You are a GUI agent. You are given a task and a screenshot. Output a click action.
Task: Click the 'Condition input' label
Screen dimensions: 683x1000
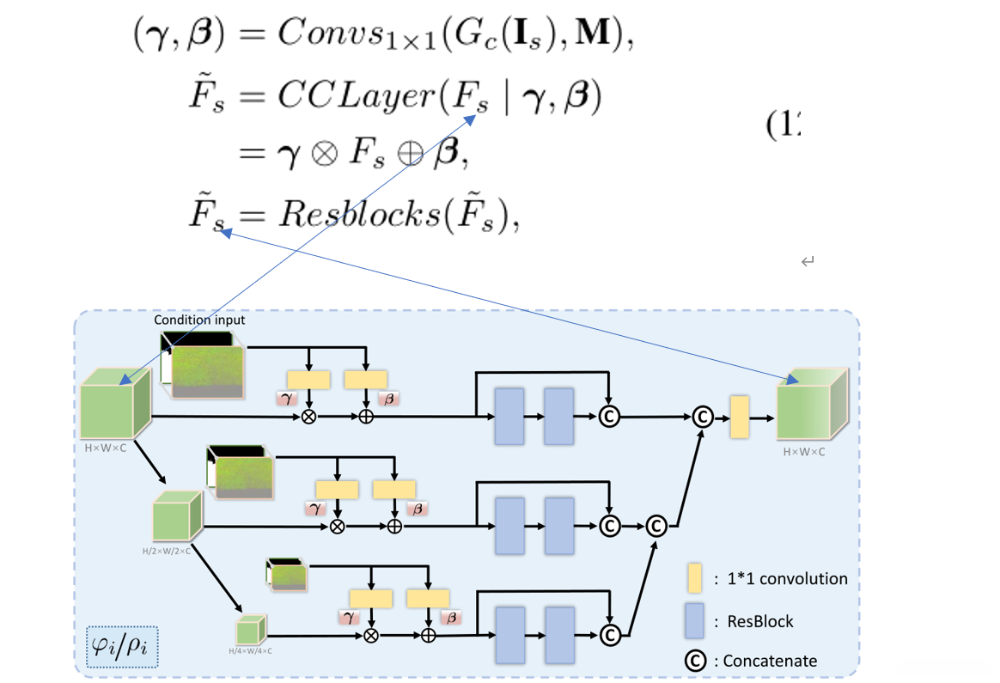199,320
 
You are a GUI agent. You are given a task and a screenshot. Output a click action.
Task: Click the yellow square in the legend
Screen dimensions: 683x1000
694,578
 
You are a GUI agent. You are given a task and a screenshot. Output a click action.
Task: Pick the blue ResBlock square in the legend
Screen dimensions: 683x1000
694,620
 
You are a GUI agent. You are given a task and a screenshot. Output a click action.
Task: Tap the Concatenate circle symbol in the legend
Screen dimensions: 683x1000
694,660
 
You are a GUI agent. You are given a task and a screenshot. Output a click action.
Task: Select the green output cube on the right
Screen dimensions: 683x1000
812,406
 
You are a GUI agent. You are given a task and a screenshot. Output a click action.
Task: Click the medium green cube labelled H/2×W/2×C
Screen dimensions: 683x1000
177,515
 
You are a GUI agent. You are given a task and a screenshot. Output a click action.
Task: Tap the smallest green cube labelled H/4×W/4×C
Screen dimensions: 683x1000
251,631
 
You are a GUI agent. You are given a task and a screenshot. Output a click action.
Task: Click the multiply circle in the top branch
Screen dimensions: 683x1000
308,417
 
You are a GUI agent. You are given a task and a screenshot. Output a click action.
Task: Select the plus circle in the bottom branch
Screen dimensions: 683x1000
428,635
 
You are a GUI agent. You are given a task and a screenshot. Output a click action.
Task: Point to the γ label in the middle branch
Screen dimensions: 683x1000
316,509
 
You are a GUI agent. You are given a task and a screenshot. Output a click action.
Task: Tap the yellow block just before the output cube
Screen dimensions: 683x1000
739,418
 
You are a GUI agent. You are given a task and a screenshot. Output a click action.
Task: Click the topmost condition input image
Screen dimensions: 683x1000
206,367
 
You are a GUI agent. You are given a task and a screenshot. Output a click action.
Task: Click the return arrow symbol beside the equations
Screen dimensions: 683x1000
807,261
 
